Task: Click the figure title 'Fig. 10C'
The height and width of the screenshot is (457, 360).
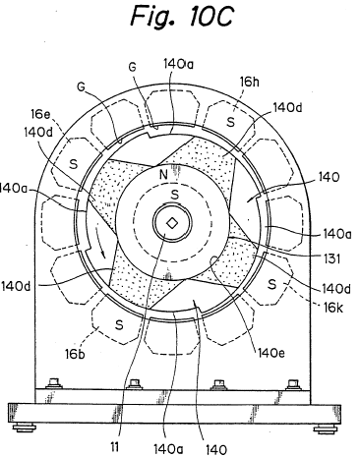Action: pos(182,16)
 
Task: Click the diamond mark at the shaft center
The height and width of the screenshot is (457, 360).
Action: pos(172,223)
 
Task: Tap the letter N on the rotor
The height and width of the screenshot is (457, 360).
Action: pos(163,175)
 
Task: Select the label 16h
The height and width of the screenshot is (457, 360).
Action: pos(249,82)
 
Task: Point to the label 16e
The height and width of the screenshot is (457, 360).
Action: pos(41,114)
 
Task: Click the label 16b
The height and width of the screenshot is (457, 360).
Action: pos(75,354)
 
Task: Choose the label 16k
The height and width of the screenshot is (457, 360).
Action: pos(333,308)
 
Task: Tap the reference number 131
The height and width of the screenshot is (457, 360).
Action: pos(331,258)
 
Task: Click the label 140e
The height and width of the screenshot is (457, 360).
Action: pos(271,353)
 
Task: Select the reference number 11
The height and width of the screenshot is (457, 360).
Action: pos(114,447)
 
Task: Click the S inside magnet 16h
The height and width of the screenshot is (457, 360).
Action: pos(231,122)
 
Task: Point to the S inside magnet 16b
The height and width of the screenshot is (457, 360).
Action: pos(119,324)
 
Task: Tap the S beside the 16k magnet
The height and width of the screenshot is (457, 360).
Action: pos(271,284)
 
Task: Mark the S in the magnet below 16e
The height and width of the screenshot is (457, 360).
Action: pos(74,164)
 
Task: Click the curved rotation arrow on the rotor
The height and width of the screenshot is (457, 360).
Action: pos(99,242)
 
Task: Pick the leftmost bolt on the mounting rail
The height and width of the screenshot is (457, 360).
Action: pos(54,383)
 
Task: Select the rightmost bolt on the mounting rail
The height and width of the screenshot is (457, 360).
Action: pos(292,384)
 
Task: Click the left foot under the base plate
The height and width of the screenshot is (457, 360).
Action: pos(24,428)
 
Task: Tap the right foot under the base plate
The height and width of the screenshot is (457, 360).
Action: pos(325,428)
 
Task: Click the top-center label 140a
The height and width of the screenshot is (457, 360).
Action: pos(178,64)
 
